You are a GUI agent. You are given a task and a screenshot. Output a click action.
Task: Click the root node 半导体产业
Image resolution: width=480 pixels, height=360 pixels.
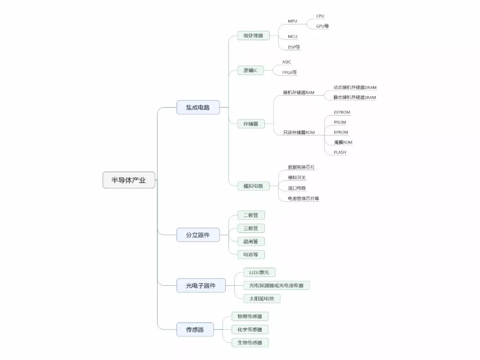pyautogui.click(x=129, y=180)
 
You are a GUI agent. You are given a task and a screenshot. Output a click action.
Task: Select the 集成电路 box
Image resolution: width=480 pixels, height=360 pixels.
pyautogui.click(x=198, y=107)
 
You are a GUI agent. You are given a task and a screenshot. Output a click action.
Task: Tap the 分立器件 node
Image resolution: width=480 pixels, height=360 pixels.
pyautogui.click(x=198, y=235)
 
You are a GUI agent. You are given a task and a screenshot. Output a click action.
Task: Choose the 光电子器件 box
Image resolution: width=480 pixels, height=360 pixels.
pyautogui.click(x=201, y=285)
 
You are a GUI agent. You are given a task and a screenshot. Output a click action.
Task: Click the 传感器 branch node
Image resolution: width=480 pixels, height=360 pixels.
pyautogui.click(x=195, y=330)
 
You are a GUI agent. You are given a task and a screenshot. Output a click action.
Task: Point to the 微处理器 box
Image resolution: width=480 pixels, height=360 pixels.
pyautogui.click(x=253, y=36)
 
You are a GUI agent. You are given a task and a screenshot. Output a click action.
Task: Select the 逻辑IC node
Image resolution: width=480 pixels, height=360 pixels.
pyautogui.click(x=250, y=70)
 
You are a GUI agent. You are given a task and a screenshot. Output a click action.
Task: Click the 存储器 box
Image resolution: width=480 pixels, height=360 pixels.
pyautogui.click(x=251, y=124)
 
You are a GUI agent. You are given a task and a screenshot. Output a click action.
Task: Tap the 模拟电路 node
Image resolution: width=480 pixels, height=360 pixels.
pyautogui.click(x=253, y=186)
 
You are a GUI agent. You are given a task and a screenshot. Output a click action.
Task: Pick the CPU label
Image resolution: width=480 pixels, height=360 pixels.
pyautogui.click(x=320, y=16)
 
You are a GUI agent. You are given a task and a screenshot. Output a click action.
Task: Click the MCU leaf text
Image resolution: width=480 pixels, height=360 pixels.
pyautogui.click(x=292, y=36)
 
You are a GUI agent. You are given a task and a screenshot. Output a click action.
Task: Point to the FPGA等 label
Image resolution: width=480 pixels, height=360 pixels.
pyautogui.click(x=290, y=72)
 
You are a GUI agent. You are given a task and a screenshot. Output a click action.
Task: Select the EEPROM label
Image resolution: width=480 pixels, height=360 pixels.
pyautogui.click(x=342, y=112)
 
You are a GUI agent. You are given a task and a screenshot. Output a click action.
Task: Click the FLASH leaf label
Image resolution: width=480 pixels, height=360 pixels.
pyautogui.click(x=340, y=152)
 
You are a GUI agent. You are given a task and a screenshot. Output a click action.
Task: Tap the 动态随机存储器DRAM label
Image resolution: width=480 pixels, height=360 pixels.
pyautogui.click(x=355, y=88)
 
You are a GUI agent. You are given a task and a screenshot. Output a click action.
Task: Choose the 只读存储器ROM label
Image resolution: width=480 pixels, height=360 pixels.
pyautogui.click(x=299, y=132)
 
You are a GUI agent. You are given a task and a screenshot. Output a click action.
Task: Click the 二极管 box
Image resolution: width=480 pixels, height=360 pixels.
pyautogui.click(x=251, y=215)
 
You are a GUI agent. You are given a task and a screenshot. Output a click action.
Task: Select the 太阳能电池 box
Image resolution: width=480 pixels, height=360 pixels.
pyautogui.click(x=262, y=298)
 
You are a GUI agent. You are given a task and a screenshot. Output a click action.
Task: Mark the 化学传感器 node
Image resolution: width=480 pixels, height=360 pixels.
pyautogui.click(x=250, y=330)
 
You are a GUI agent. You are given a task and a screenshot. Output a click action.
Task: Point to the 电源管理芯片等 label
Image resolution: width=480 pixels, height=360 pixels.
pyautogui.click(x=300, y=199)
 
